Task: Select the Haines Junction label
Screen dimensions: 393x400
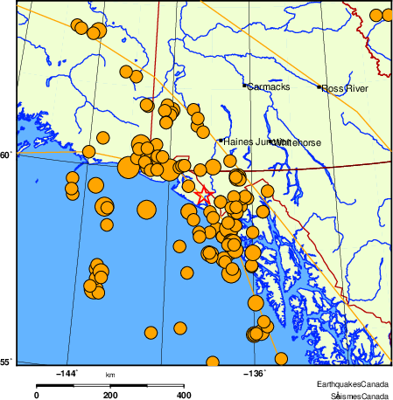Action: coord(250,141)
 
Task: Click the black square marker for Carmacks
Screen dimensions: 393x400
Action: coord(244,86)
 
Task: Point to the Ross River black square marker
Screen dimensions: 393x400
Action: coord(319,87)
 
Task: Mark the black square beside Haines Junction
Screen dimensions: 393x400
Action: coord(221,140)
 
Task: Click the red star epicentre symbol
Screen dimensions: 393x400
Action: coord(203,196)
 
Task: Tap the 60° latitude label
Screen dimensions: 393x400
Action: coord(6,155)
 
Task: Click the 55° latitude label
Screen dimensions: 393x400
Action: coord(6,362)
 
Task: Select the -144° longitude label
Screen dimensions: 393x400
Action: coord(67,373)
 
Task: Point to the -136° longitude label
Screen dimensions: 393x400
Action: coord(255,373)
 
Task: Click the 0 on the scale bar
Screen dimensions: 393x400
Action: coord(36,395)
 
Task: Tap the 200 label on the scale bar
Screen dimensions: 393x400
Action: coord(110,395)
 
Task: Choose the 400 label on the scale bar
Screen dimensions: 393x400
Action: coord(185,395)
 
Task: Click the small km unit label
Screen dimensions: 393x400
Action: coord(110,375)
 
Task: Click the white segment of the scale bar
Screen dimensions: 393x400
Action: coord(73,384)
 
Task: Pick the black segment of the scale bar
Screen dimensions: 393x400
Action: coord(147,384)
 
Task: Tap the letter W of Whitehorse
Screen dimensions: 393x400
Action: coord(273,141)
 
